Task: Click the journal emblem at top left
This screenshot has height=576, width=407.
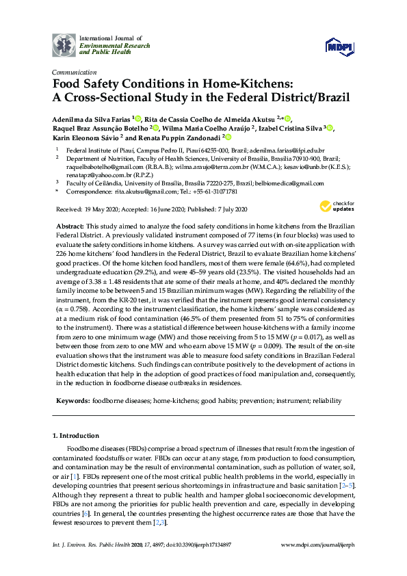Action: click(x=64, y=44)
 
